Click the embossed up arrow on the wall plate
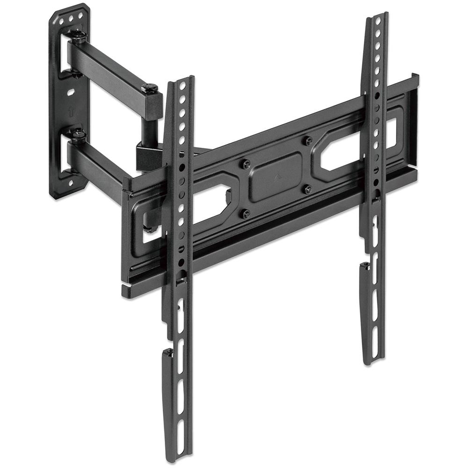click(x=70, y=112)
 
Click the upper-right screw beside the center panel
click(x=307, y=140)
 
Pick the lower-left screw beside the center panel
click(x=247, y=213)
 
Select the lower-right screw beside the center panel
click(x=307, y=189)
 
